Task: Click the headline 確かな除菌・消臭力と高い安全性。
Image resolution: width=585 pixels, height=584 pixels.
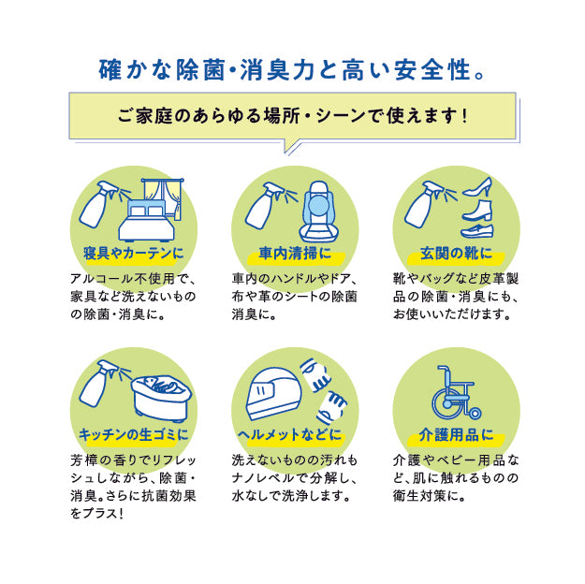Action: point(292,69)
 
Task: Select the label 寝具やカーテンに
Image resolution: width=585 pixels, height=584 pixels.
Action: point(133,255)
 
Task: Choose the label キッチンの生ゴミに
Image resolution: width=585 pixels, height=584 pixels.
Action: point(133,434)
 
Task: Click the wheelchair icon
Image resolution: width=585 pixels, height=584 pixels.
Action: point(457,393)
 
